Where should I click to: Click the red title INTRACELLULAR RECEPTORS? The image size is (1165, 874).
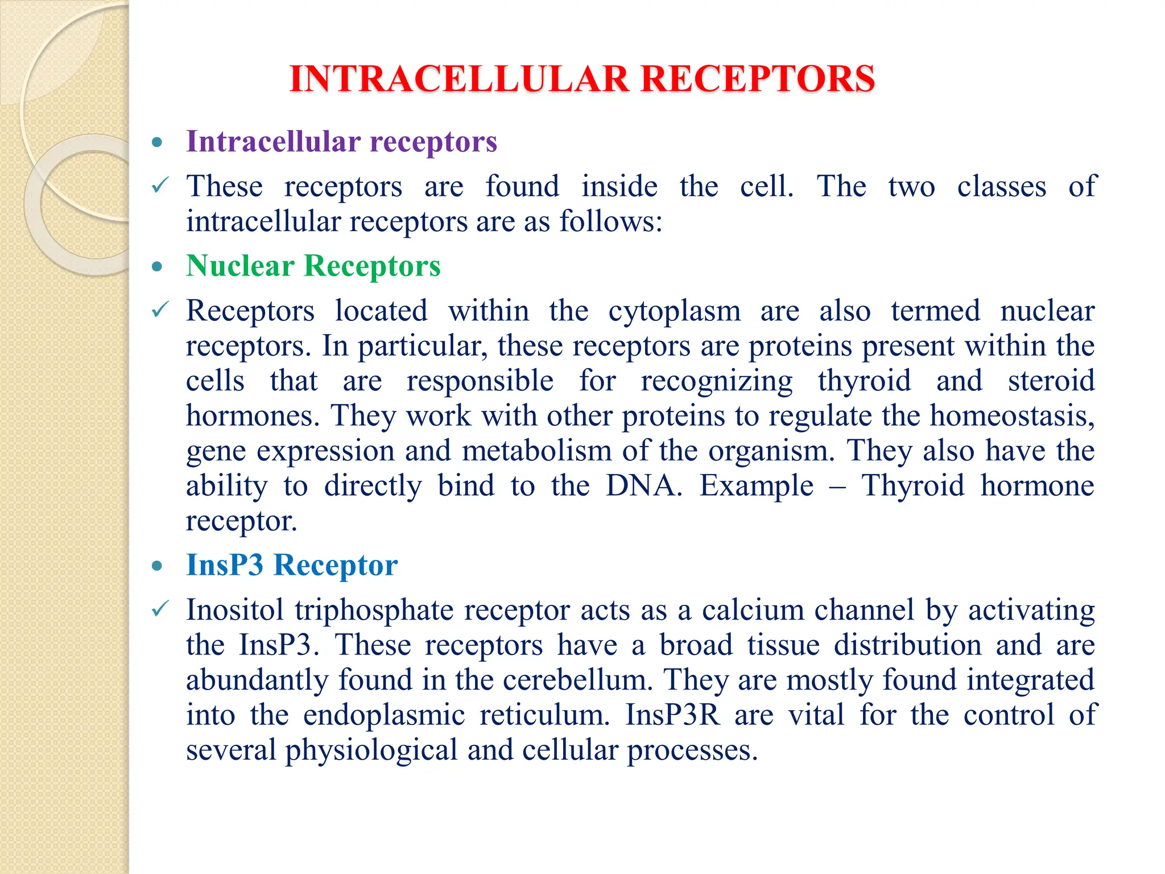[x=581, y=79]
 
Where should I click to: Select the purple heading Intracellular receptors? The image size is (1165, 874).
[x=341, y=141]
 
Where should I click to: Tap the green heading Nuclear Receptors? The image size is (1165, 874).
[x=313, y=266]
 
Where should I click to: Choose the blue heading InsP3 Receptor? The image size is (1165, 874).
[x=292, y=565]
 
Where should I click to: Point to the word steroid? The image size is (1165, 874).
[x=1051, y=381]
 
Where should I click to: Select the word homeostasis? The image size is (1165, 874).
[x=1012, y=415]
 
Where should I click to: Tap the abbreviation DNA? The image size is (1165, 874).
[x=643, y=486]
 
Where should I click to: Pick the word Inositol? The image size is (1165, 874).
[x=234, y=610]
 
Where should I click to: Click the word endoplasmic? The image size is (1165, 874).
[x=384, y=715]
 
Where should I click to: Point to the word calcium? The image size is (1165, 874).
[x=751, y=610]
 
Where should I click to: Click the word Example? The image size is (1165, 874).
[x=756, y=486]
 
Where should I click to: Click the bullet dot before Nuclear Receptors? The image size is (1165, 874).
[x=158, y=266]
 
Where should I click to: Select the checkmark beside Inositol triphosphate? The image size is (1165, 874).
[x=160, y=609]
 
